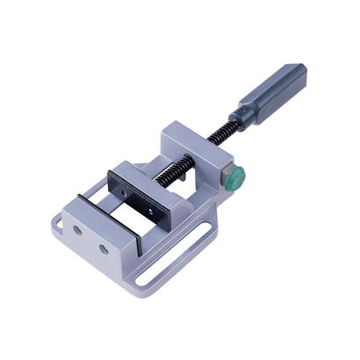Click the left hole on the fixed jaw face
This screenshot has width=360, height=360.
(78, 229)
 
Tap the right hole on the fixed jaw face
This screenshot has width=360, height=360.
(103, 248)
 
